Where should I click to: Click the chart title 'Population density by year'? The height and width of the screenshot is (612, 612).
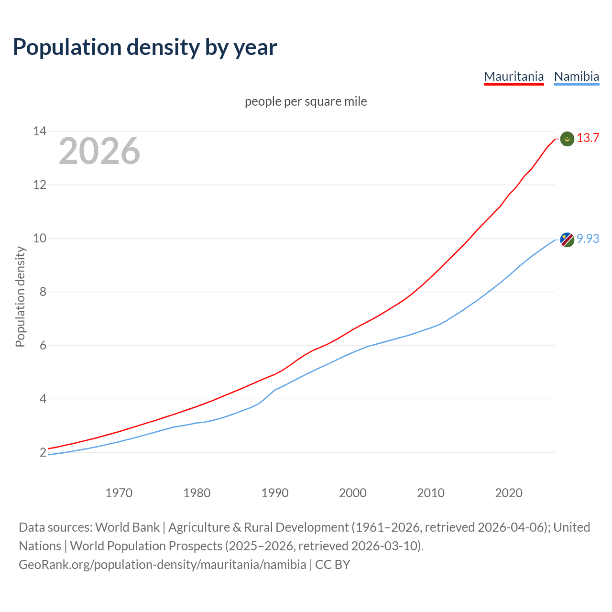point(145,47)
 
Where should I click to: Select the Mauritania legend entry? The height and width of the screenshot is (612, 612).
point(514,76)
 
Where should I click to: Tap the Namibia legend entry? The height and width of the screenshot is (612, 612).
point(576,76)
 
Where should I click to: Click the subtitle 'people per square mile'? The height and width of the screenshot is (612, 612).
point(306,102)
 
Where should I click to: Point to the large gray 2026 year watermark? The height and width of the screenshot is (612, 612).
point(99,151)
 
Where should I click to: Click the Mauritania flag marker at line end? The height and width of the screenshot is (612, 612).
point(567,139)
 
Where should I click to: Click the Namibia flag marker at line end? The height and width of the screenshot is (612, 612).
point(567,240)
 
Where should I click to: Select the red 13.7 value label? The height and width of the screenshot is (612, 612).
point(588,138)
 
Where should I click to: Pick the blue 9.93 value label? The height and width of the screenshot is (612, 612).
point(588,239)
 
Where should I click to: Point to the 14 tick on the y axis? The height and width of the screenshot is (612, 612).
point(40,131)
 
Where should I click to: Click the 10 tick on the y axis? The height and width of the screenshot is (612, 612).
point(40,238)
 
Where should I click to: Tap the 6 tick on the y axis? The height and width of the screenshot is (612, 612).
point(43,345)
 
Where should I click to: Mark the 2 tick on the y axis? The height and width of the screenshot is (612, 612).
point(43,452)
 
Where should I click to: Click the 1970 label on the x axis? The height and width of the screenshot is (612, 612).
point(119,493)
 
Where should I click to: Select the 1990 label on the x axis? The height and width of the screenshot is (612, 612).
point(275,493)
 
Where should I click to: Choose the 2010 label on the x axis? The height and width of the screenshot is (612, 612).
point(431,493)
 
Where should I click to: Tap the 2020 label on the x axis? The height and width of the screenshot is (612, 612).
point(509,493)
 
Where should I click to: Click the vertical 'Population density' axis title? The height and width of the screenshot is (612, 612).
point(20,296)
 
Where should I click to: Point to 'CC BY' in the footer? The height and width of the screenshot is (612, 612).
point(333,565)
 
